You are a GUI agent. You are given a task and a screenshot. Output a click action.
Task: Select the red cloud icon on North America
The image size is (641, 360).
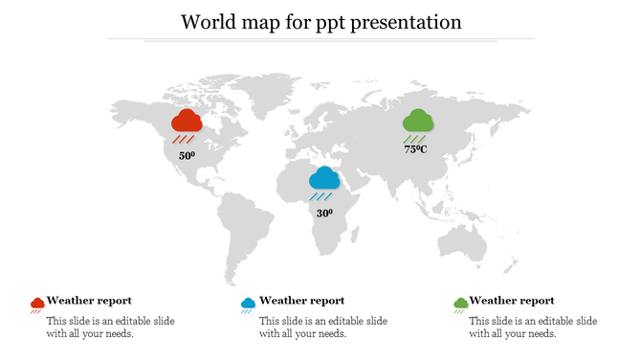tap(187, 122)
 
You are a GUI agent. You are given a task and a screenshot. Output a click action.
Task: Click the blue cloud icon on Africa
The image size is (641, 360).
tap(324, 178)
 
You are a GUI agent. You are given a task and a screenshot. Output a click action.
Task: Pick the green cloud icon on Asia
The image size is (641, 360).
tap(417, 122)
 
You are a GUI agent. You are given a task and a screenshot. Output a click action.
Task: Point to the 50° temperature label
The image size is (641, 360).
tap(187, 155)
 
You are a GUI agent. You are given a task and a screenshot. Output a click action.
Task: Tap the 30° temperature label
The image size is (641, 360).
tap(324, 213)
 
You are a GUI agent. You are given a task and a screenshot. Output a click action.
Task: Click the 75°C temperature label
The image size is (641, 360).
tap(415, 149)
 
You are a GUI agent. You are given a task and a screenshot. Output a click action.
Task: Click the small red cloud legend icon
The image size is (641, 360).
tap(37, 304)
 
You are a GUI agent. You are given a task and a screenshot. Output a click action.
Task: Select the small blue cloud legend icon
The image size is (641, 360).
tap(248, 304)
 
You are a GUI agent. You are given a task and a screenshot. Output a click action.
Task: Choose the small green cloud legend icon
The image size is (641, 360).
tap(460, 304)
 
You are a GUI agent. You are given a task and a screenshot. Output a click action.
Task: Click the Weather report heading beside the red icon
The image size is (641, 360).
tap(89, 301)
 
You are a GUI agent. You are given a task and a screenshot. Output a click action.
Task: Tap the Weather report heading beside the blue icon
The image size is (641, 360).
tap(301, 301)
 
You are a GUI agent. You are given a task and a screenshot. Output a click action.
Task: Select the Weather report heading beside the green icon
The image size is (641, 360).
tap(512, 301)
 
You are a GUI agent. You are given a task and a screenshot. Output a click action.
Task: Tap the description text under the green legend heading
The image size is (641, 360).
tap(533, 327)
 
